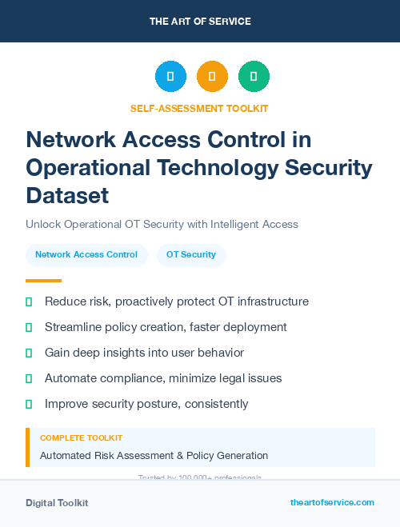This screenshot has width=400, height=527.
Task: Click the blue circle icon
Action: (x=170, y=77)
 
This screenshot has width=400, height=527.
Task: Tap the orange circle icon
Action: (x=212, y=77)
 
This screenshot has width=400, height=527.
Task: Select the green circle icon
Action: (x=254, y=77)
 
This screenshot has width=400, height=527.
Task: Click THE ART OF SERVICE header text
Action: (x=200, y=22)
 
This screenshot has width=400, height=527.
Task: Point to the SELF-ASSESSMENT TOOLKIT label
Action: (x=200, y=108)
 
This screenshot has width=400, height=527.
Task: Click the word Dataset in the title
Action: (x=67, y=194)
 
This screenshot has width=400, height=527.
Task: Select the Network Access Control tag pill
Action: (x=86, y=255)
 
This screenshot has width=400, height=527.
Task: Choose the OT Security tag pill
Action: (x=191, y=255)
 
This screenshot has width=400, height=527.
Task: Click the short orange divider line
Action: (x=43, y=281)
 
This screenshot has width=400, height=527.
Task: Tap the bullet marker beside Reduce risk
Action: (x=29, y=302)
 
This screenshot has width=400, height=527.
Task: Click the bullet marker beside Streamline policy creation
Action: (x=29, y=328)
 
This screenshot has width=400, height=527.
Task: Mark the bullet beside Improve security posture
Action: (x=29, y=404)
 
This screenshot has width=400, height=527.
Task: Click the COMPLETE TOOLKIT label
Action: (x=81, y=438)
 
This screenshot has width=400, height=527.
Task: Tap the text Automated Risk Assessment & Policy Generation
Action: (x=154, y=456)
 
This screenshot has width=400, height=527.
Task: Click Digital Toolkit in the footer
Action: (x=57, y=503)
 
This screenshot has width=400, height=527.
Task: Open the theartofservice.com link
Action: (x=332, y=502)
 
